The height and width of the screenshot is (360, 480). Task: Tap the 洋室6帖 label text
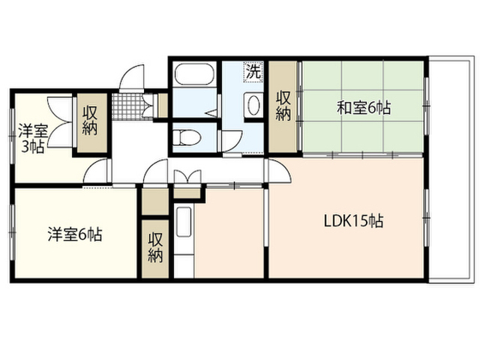click(x=75, y=234)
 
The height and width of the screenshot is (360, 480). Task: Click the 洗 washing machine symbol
click(x=254, y=72)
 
